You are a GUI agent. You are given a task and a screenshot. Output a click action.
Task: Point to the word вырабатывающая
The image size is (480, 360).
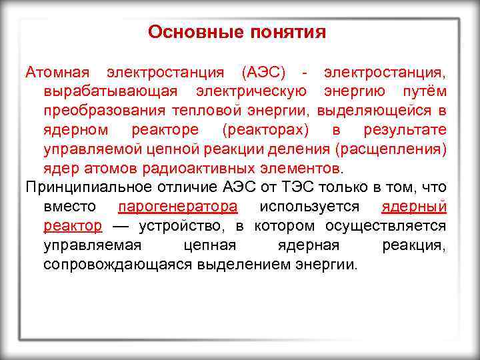[111, 90]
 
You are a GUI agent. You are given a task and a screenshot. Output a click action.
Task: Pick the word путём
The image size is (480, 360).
[425, 90]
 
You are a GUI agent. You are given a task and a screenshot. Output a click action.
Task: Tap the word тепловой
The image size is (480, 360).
[215, 109]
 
